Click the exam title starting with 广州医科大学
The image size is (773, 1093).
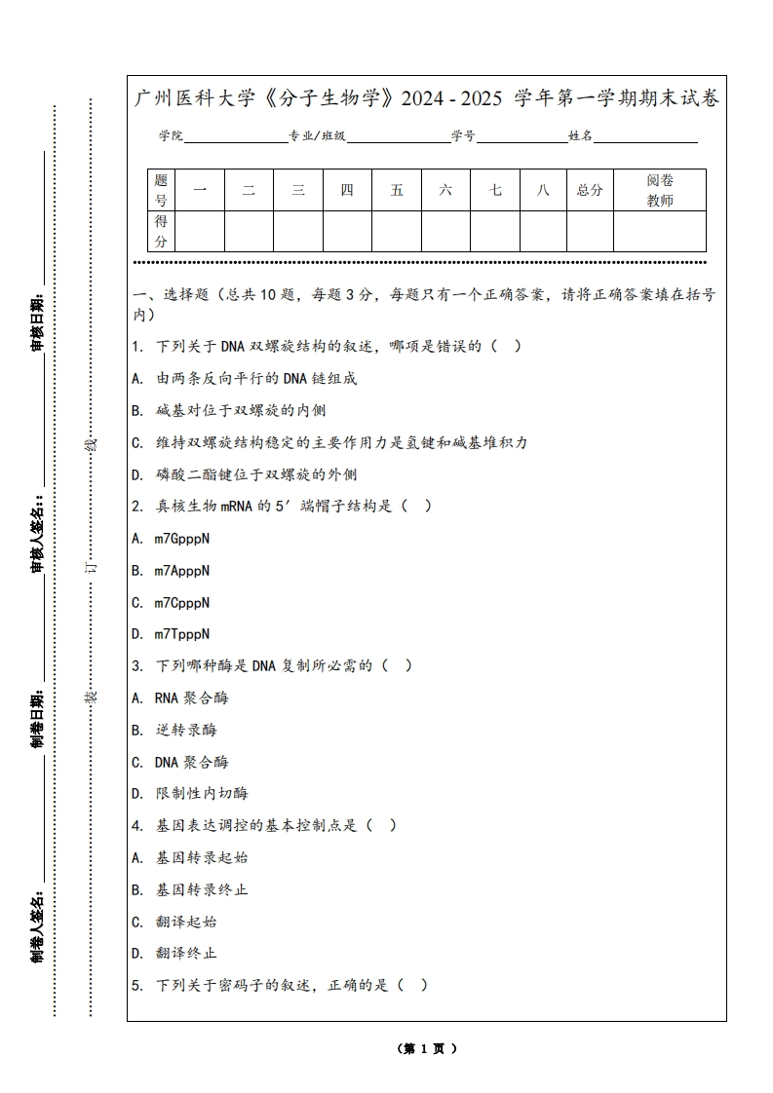427,99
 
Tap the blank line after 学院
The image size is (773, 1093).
235,137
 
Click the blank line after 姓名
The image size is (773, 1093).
645,137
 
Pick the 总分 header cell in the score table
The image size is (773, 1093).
590,190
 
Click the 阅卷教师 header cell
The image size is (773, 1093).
660,190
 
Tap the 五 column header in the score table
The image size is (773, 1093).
397,190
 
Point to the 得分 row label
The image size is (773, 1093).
161,231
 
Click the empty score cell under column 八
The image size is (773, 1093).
543,231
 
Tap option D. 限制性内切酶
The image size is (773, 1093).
189,794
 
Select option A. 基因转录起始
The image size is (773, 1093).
189,857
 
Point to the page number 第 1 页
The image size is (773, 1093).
427,1049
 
